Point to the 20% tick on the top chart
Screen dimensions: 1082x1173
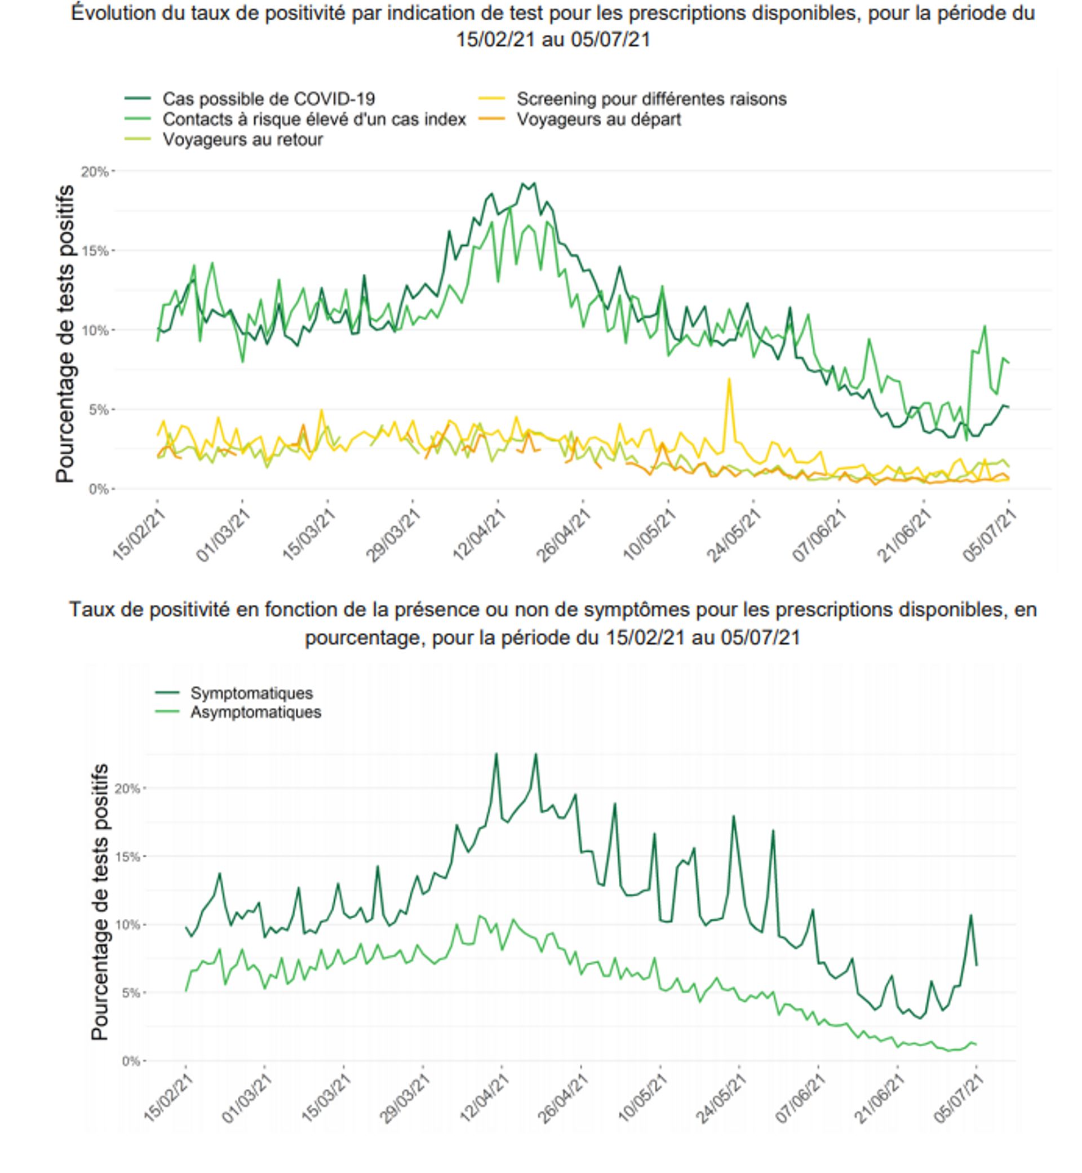95,171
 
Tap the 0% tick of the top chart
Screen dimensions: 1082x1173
99,489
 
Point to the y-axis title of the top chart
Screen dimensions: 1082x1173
65,334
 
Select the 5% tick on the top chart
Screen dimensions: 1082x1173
99,410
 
